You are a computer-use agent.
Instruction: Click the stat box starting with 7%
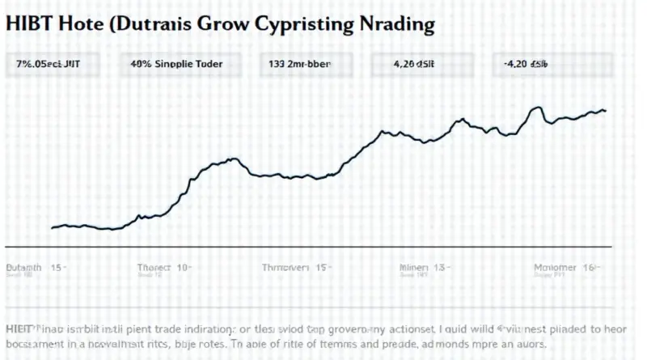(x=53, y=63)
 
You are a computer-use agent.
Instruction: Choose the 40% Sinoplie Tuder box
(x=175, y=63)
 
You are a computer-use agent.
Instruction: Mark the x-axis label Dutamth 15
(x=35, y=267)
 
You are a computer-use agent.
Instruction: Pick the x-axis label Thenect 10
(x=164, y=267)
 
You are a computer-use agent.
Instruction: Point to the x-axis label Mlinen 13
(x=424, y=267)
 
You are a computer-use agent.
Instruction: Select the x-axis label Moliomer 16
(x=564, y=267)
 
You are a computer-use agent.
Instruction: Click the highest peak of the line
(x=537, y=107)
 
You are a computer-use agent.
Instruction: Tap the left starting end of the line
(x=52, y=228)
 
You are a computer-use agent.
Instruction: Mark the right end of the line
(x=605, y=110)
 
